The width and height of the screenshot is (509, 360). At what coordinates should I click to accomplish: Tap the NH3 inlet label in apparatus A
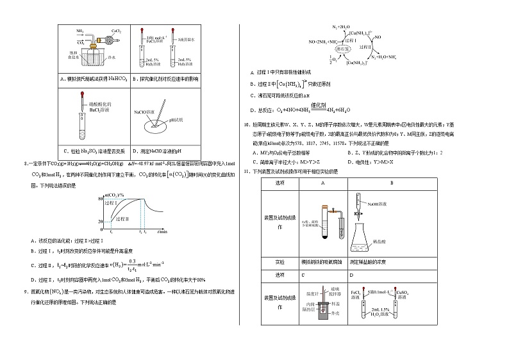tap(80, 30)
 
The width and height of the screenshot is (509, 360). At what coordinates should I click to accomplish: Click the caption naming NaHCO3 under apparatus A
tap(95, 79)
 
